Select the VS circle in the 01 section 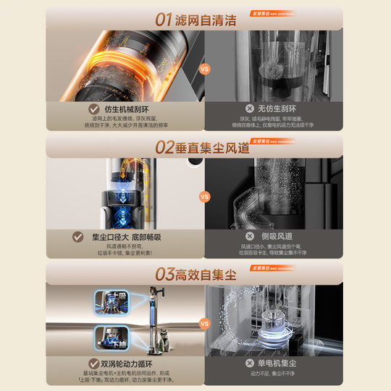(x=204, y=70)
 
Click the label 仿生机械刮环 (x=120, y=109)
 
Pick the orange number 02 (x=164, y=148)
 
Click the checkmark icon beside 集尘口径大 (x=77, y=237)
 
